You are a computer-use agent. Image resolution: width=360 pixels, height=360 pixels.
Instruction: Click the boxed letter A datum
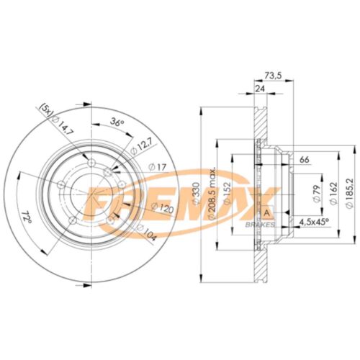tap(267, 215)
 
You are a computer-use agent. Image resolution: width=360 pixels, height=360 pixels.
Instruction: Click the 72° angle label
tap(26, 214)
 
